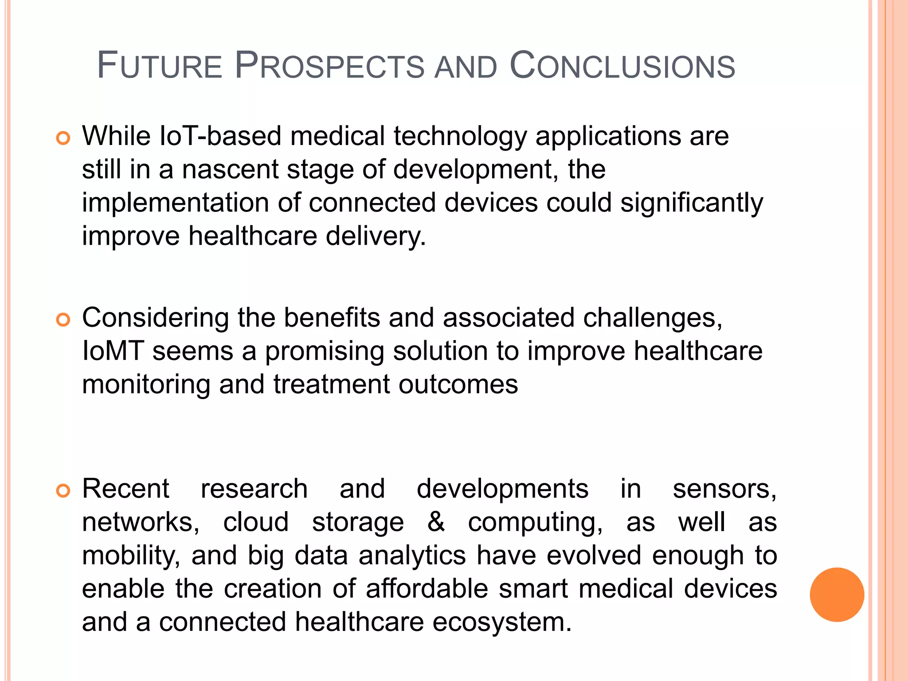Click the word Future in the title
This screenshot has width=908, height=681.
tap(159, 67)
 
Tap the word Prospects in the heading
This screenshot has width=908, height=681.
tap(329, 67)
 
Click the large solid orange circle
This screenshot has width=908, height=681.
tap(837, 595)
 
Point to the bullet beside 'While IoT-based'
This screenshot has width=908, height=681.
tap(63, 138)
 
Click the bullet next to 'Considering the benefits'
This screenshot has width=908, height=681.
tap(63, 320)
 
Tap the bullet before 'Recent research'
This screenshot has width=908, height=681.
tap(63, 491)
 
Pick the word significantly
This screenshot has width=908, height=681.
tap(692, 203)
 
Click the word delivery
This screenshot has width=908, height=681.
tap(376, 236)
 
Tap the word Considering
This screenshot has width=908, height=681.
tap(155, 318)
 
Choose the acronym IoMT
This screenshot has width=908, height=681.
tap(113, 351)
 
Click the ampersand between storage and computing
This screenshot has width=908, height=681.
tap(436, 522)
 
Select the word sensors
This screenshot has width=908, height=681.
tap(724, 489)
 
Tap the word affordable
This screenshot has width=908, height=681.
tap(427, 589)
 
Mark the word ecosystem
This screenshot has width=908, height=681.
tap(501, 622)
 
